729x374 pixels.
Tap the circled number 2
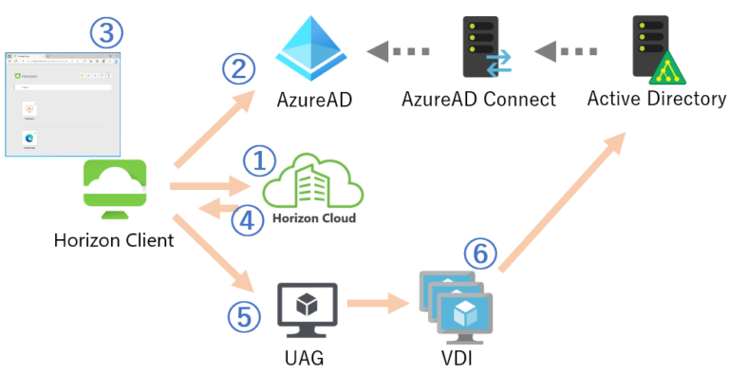[237, 68]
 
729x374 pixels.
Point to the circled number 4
[249, 219]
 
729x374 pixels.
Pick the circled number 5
[245, 316]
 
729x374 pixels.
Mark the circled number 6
[480, 253]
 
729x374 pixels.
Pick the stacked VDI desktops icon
[457, 306]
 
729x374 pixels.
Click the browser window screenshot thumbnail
[64, 102]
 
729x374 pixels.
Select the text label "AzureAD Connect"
[478, 99]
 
